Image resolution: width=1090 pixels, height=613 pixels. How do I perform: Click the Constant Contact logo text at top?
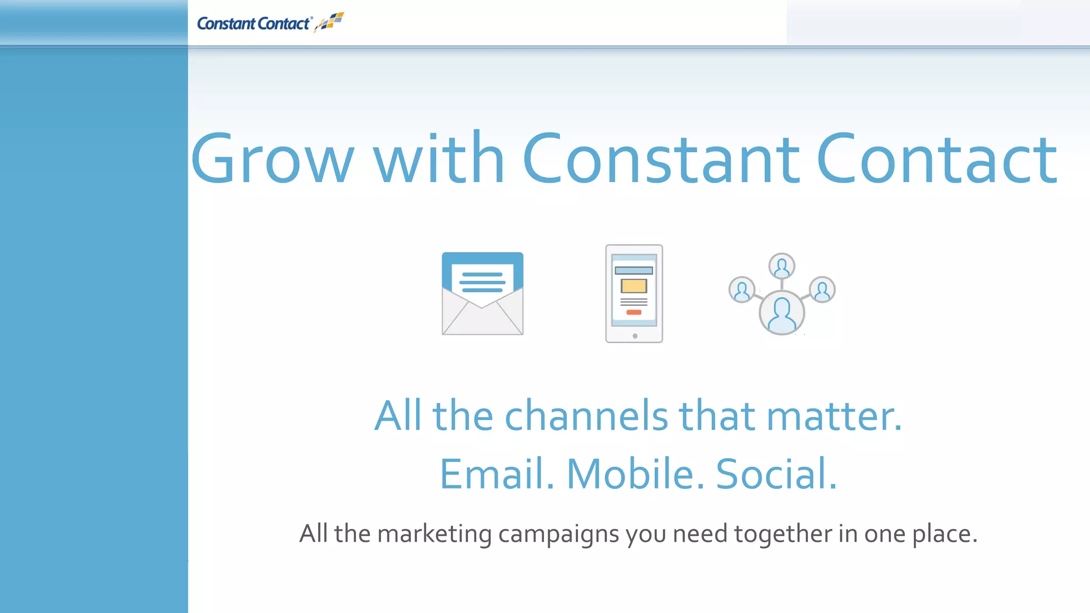click(253, 24)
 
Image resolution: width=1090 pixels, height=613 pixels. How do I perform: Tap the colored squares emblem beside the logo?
click(331, 22)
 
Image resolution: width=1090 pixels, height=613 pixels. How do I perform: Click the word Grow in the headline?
click(272, 159)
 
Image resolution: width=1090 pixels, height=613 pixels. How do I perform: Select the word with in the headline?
click(439, 159)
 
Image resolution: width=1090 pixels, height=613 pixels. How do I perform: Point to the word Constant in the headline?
click(660, 159)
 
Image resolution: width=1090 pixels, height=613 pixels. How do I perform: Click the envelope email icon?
click(482, 314)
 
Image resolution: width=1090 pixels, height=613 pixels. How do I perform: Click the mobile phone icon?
click(634, 293)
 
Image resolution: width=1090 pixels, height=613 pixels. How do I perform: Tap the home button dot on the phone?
click(634, 336)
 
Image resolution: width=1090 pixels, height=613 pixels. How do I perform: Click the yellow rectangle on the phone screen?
click(633, 286)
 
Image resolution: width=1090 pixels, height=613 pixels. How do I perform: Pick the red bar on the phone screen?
click(633, 312)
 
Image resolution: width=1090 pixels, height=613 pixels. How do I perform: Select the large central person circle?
click(781, 313)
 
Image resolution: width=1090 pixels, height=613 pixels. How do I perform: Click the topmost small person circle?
click(781, 266)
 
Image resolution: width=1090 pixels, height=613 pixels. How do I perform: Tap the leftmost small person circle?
click(741, 290)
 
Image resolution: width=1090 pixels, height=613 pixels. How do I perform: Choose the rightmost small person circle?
click(822, 290)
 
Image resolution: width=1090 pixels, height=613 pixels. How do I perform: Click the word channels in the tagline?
click(586, 416)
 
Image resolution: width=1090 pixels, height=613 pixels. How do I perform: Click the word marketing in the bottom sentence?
click(434, 534)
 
